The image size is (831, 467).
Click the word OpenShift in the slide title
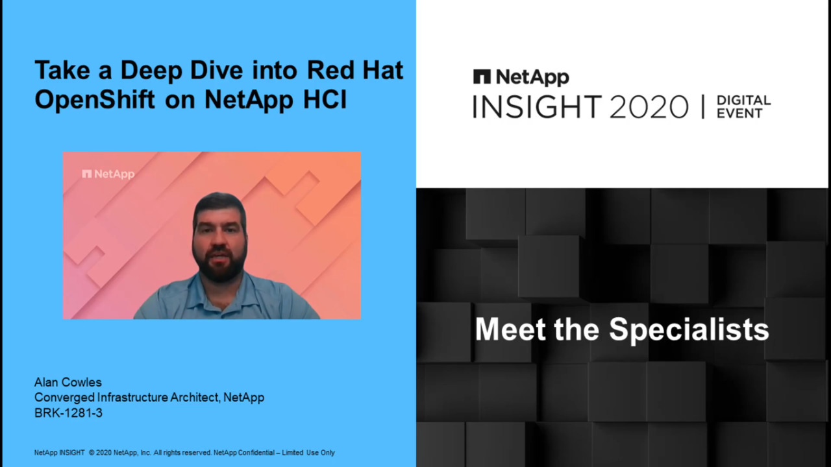tap(95, 99)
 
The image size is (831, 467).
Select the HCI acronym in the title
tap(325, 99)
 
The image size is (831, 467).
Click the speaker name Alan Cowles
tap(68, 382)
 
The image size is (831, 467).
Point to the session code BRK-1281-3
tap(68, 413)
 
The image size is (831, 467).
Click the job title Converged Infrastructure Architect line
tap(149, 398)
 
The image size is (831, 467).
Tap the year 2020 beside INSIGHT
tap(649, 107)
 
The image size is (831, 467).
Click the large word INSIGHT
tap(537, 107)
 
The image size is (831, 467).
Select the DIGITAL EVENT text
tap(743, 107)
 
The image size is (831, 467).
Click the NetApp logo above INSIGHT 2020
tap(521, 77)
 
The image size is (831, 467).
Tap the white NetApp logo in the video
tap(108, 174)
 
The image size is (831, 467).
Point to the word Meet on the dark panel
tap(510, 329)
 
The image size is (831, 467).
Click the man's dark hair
tap(219, 206)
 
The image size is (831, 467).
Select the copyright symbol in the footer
tap(92, 453)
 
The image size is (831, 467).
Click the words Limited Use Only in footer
tap(308, 453)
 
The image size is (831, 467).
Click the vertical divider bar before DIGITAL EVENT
tap(702, 107)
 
